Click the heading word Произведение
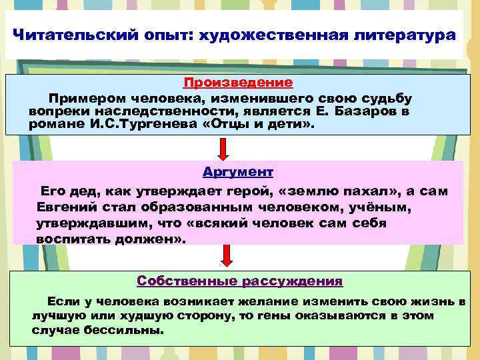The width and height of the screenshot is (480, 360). click(x=237, y=83)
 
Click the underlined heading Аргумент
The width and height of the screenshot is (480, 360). click(x=237, y=171)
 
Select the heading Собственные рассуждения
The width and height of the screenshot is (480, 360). click(x=239, y=281)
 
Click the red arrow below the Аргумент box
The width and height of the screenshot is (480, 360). click(x=227, y=256)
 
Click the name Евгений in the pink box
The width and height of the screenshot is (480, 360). click(x=65, y=207)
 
